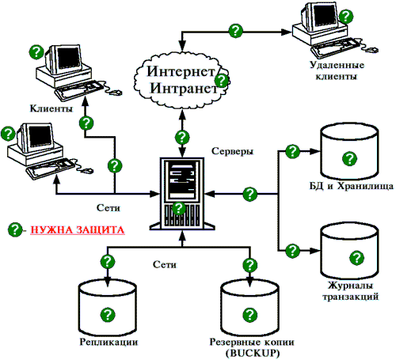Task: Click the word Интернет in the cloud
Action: tap(181, 71)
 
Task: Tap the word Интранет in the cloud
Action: tap(184, 88)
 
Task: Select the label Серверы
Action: tap(232, 151)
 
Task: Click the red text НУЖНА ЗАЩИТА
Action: tap(78, 230)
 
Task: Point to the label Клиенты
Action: tap(51, 108)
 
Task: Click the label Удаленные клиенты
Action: tap(337, 70)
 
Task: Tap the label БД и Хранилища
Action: tap(352, 186)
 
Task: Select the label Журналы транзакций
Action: tap(350, 291)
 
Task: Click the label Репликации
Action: tap(109, 343)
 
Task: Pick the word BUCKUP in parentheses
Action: tap(253, 353)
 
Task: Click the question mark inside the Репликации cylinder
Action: tap(108, 314)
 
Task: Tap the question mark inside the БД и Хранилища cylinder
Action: tap(349, 159)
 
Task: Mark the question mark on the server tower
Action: tap(179, 208)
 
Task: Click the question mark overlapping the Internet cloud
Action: tap(222, 81)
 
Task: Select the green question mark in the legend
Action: tap(15, 229)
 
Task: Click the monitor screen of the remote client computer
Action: tap(326, 15)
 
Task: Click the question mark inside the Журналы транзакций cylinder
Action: tap(356, 258)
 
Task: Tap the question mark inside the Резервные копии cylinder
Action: tap(249, 314)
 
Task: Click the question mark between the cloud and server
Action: tap(182, 137)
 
